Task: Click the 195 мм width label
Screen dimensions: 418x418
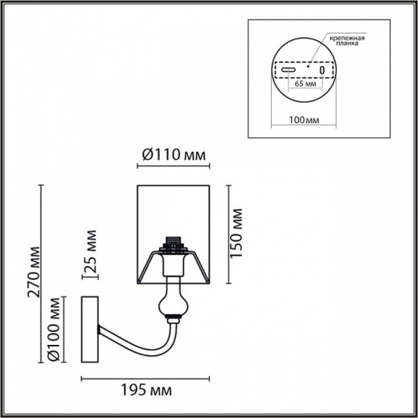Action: click(x=146, y=391)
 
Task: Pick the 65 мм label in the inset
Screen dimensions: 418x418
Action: click(x=303, y=83)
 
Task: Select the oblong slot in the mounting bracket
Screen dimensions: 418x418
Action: click(x=288, y=71)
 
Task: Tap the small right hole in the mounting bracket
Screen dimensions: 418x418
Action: click(x=322, y=71)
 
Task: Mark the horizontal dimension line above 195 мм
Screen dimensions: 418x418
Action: click(x=145, y=378)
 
